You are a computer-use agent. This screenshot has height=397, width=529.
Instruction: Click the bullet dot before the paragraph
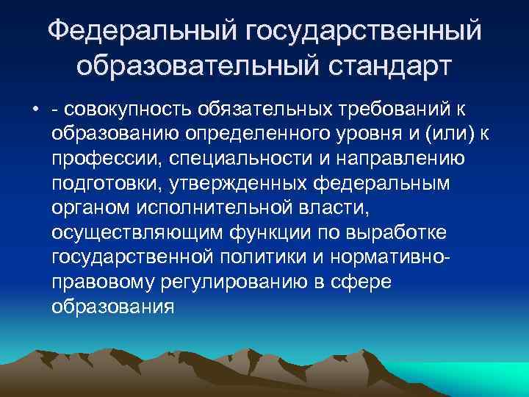(x=36, y=110)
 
